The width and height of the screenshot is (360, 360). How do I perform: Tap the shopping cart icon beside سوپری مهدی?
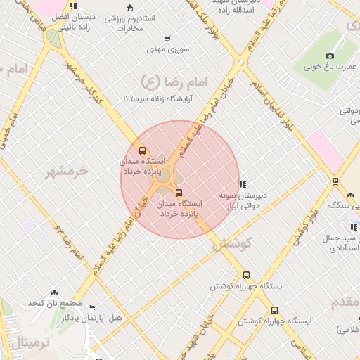pos(167,39)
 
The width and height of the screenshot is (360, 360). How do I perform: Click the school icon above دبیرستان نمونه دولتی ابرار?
pos(243,184)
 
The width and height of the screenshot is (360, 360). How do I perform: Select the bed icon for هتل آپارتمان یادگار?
pos(92,307)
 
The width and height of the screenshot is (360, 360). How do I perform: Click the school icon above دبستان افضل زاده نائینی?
pos(73,6)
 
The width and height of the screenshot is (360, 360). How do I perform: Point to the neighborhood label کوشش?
pos(226,245)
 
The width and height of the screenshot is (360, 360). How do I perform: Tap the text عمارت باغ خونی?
pos(337,67)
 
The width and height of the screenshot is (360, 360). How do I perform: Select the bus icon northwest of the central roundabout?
pos(143,150)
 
